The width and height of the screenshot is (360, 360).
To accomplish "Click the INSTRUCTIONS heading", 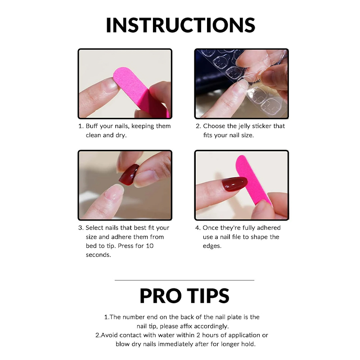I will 180,25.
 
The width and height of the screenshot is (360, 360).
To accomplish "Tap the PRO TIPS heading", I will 184,296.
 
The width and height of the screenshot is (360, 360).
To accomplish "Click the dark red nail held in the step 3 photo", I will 129,174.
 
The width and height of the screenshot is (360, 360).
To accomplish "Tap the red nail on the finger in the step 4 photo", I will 235,184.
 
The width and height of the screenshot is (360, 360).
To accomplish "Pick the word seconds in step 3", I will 98,255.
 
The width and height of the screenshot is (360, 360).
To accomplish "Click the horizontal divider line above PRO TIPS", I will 184,280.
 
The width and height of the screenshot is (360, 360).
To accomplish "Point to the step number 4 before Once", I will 198,228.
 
